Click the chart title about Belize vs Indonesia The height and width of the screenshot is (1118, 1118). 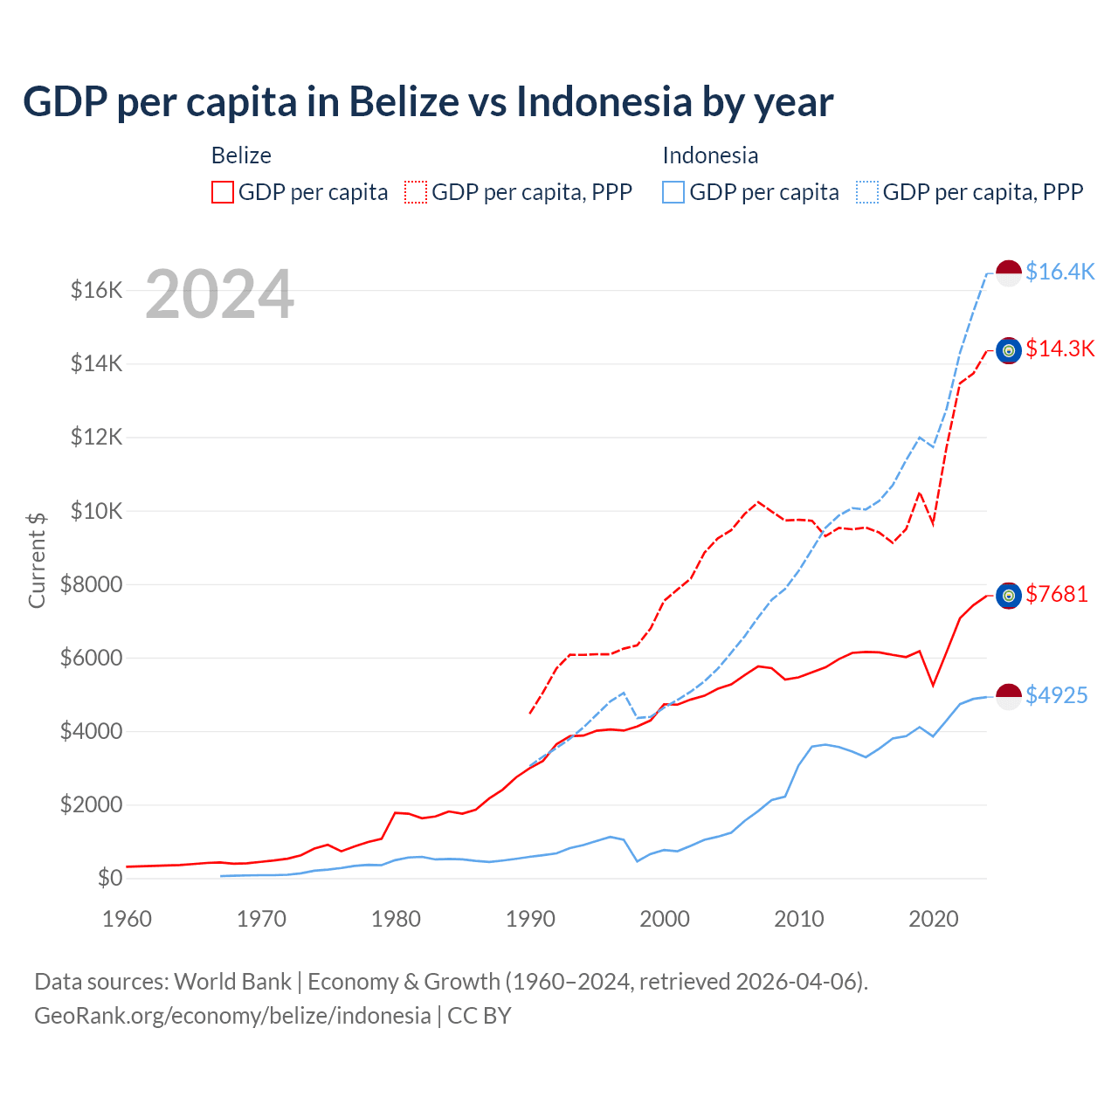tap(428, 101)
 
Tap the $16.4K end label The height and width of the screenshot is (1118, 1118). tap(1059, 272)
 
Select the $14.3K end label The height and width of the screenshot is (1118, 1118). tap(1059, 349)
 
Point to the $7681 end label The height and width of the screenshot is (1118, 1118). tap(1057, 594)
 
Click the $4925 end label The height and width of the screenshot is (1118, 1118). tap(1057, 695)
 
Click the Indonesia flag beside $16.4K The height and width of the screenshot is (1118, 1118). tap(1009, 273)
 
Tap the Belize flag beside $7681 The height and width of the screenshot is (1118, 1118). tap(1009, 596)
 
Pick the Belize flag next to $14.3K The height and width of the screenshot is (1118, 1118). tap(1009, 350)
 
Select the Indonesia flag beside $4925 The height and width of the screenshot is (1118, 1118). tap(1009, 696)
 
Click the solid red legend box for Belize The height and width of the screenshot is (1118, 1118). tap(223, 192)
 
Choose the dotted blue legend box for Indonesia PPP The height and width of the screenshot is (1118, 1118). tap(867, 192)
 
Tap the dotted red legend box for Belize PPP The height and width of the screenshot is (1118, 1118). tap(416, 192)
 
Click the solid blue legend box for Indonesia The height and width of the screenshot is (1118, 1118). tap(673, 192)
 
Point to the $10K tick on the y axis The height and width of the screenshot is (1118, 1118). tap(96, 511)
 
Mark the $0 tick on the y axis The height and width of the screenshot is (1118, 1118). tap(109, 878)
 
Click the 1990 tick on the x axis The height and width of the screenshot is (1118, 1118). tap(530, 919)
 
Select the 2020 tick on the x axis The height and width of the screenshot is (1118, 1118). tap(934, 919)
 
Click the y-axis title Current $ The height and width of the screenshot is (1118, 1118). tap(37, 560)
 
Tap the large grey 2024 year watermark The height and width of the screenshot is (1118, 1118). tap(219, 294)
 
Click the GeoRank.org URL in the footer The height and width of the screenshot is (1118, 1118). tap(232, 1016)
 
